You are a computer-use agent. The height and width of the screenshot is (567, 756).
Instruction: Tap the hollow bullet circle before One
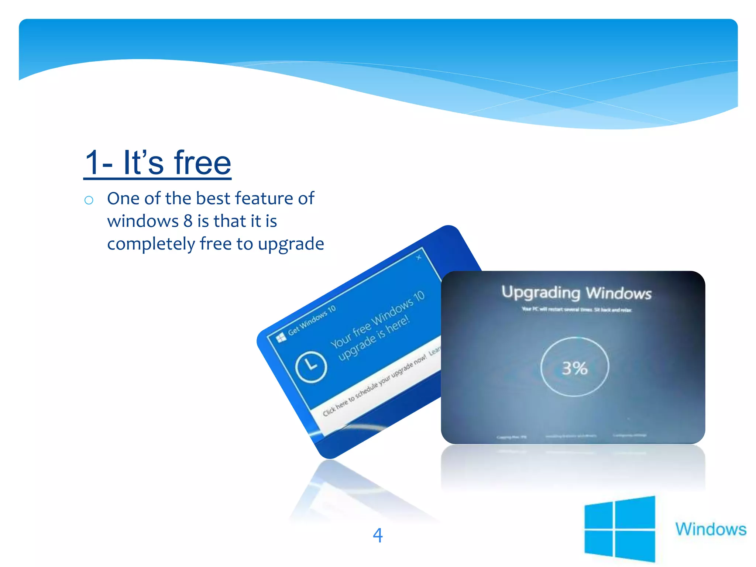(x=89, y=200)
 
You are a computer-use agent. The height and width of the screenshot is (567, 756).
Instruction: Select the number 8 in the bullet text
(x=188, y=221)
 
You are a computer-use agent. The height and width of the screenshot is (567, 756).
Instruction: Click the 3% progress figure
(x=574, y=368)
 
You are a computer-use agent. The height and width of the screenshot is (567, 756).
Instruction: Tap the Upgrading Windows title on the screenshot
(x=576, y=293)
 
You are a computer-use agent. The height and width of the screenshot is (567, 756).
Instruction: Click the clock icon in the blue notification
(x=311, y=367)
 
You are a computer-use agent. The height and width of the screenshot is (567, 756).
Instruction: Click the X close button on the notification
(x=419, y=257)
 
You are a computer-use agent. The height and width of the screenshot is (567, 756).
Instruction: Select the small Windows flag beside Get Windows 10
(x=281, y=337)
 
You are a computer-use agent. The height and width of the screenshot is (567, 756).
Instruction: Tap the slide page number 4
(x=378, y=535)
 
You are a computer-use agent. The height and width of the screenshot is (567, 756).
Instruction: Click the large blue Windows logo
(x=619, y=529)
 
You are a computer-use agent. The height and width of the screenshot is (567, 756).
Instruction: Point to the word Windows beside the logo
(x=711, y=529)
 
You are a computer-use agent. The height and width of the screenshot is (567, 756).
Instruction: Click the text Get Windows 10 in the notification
(x=312, y=320)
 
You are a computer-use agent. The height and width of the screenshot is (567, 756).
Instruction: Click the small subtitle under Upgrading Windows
(x=576, y=309)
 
